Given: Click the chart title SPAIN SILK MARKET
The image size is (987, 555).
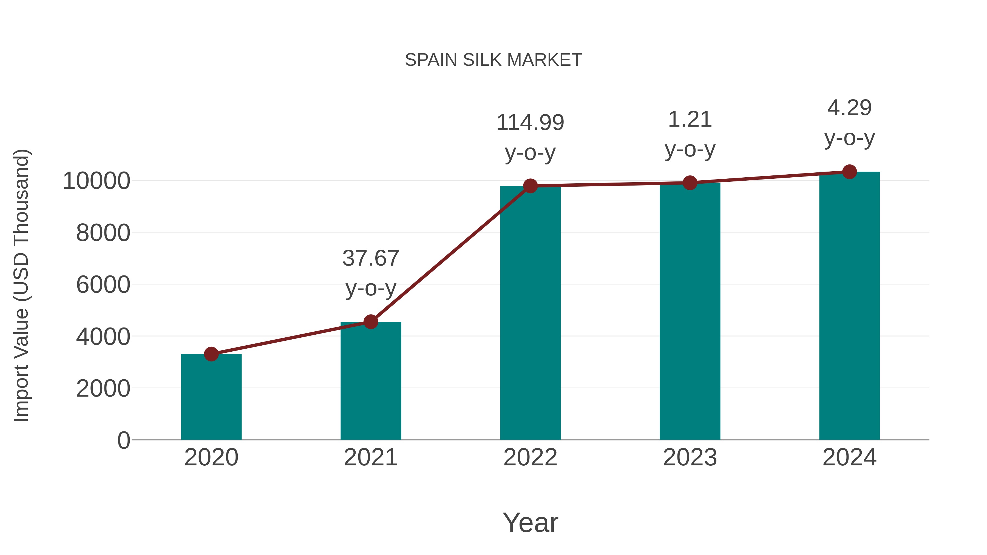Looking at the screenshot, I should [x=493, y=60].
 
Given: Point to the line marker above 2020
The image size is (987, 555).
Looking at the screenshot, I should [x=211, y=354].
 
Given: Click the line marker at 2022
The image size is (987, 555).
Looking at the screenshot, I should [x=530, y=186].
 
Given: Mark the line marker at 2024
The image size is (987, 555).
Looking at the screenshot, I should [x=849, y=172].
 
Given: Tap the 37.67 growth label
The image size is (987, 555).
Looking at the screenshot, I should [x=370, y=258].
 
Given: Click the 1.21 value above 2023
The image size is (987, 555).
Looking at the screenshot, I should [x=690, y=119].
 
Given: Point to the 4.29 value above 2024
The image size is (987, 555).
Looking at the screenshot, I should [x=849, y=108].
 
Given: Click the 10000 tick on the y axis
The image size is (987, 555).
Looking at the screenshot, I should [x=97, y=181].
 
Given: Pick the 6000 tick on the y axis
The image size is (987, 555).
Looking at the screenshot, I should [x=103, y=285].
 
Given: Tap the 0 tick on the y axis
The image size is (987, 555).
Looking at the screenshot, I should [x=123, y=440].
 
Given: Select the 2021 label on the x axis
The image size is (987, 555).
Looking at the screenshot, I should [x=370, y=457].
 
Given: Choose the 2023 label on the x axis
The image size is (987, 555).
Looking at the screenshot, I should [x=690, y=457].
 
